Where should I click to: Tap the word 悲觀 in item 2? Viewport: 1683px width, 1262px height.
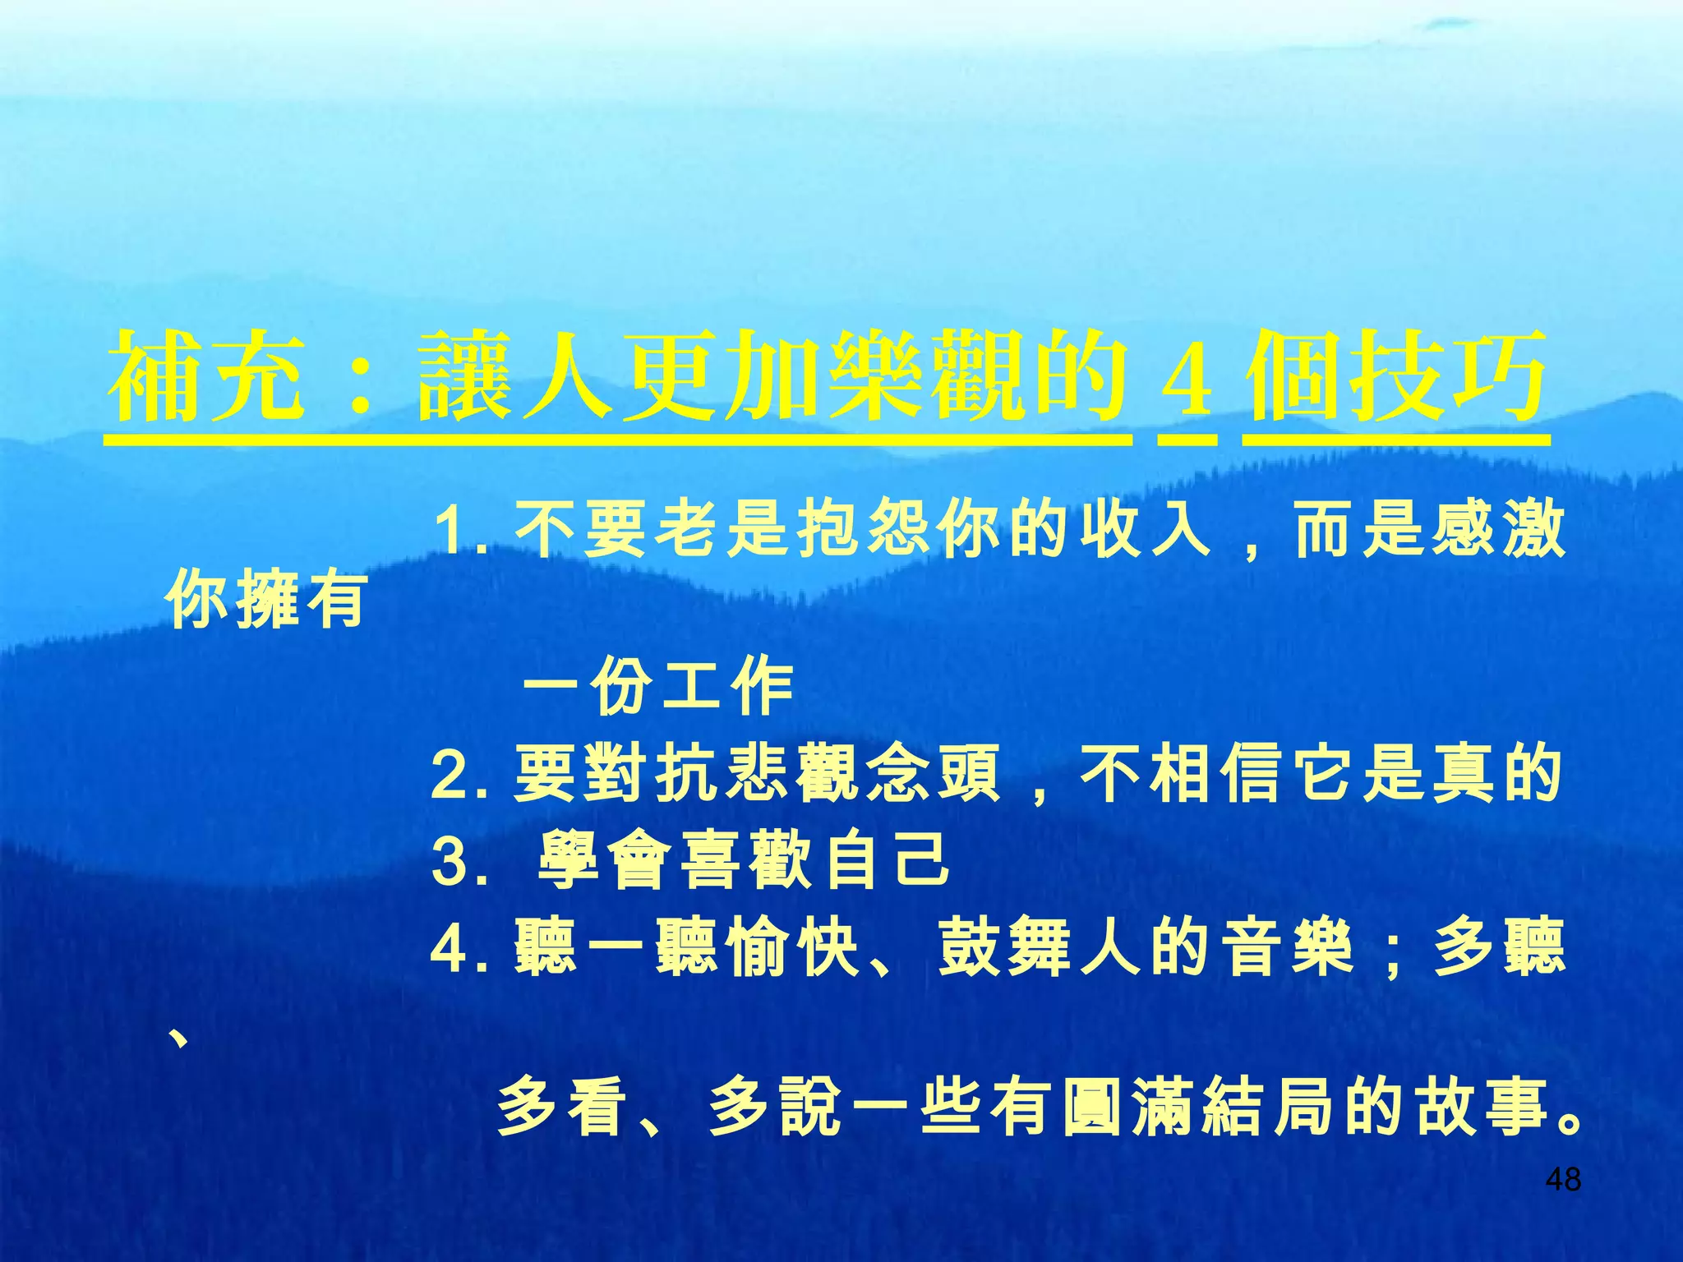(x=760, y=774)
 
